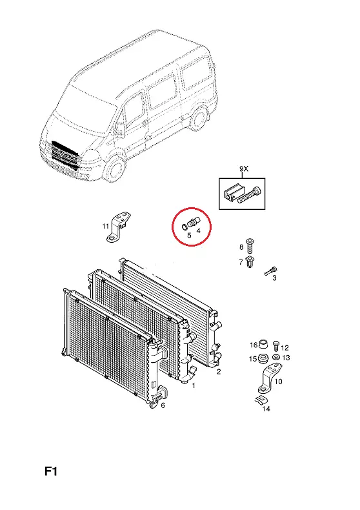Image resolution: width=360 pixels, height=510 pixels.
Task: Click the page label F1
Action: [51, 471]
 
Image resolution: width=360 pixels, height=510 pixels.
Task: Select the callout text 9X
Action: [244, 168]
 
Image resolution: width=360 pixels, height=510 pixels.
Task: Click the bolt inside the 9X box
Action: [250, 194]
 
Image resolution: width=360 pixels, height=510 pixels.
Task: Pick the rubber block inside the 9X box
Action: [232, 193]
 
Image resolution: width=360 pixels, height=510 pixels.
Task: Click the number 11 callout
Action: [105, 226]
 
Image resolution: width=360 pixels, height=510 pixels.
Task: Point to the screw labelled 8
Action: [250, 246]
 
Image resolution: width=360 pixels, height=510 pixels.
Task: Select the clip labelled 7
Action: [250, 262]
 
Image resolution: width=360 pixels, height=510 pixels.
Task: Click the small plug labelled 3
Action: [272, 270]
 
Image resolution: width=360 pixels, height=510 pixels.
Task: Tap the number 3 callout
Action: [275, 278]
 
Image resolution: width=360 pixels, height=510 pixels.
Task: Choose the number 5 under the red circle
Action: [190, 235]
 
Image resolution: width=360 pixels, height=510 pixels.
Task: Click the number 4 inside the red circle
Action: [198, 230]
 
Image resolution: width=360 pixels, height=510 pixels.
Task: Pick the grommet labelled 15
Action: [263, 358]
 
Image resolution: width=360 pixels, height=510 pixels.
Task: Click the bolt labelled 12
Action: [276, 345]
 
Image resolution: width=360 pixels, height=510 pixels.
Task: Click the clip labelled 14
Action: [261, 400]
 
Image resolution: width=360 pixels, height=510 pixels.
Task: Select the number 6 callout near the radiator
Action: [163, 405]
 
